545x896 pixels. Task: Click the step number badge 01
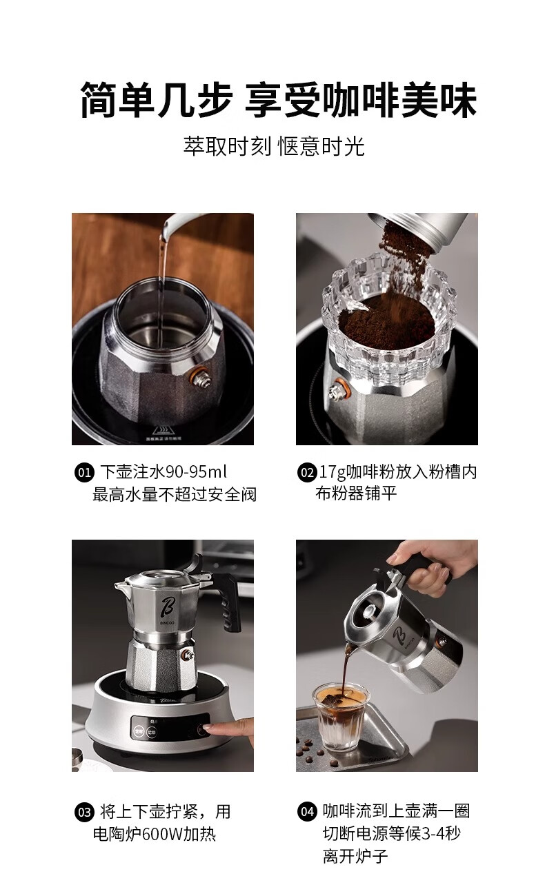pos(84,472)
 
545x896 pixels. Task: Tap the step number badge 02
pos(307,472)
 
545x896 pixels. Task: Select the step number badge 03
pos(84,813)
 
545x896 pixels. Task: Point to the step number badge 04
pos(307,812)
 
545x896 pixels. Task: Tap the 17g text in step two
pos(333,473)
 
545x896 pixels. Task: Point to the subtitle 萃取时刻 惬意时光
pos(274,146)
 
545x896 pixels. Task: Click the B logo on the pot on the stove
pos(166,607)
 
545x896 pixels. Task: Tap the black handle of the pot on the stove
pos(229,600)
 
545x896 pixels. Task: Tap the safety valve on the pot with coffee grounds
pos(337,389)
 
